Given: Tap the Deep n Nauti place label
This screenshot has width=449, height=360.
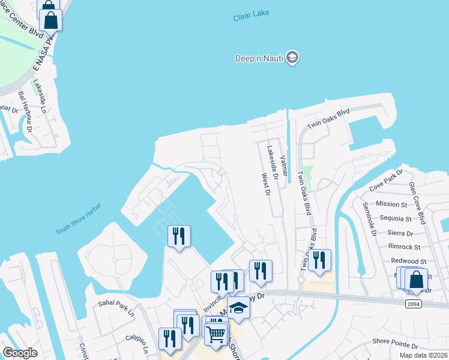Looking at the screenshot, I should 259,58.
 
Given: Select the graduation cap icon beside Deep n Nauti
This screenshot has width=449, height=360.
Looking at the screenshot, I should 292,58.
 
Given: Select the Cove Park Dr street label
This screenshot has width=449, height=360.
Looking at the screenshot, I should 386,182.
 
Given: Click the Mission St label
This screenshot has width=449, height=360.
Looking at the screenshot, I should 392,204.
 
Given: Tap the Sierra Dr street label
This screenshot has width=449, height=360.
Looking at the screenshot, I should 400,233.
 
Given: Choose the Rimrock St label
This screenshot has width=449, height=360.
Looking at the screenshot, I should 404,247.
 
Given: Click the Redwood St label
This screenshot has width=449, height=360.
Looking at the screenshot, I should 408,262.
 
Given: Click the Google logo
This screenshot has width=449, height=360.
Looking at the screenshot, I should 20,353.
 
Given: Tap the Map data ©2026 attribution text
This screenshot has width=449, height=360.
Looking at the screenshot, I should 423,355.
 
